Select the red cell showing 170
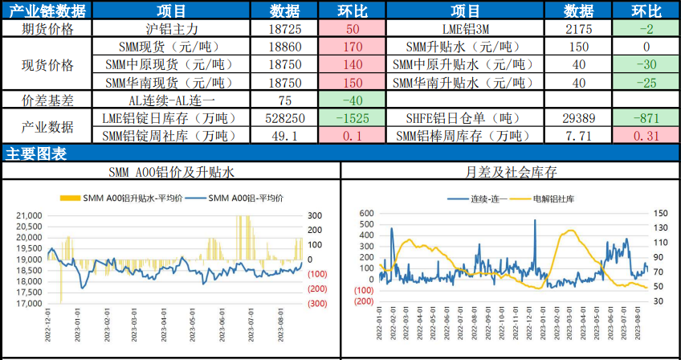(353, 47)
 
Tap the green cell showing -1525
(353, 118)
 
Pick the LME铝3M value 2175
(579, 29)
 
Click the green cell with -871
(647, 118)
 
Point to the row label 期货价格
(47, 29)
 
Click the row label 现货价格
(47, 65)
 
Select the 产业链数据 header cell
(47, 10)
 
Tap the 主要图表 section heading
(36, 153)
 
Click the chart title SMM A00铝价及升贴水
(172, 172)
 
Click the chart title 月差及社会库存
(511, 172)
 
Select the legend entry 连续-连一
(483, 198)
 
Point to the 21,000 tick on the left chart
(31, 215)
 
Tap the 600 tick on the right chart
(366, 213)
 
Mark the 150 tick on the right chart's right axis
(638, 213)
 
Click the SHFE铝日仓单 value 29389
(579, 118)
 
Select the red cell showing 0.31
(647, 136)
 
